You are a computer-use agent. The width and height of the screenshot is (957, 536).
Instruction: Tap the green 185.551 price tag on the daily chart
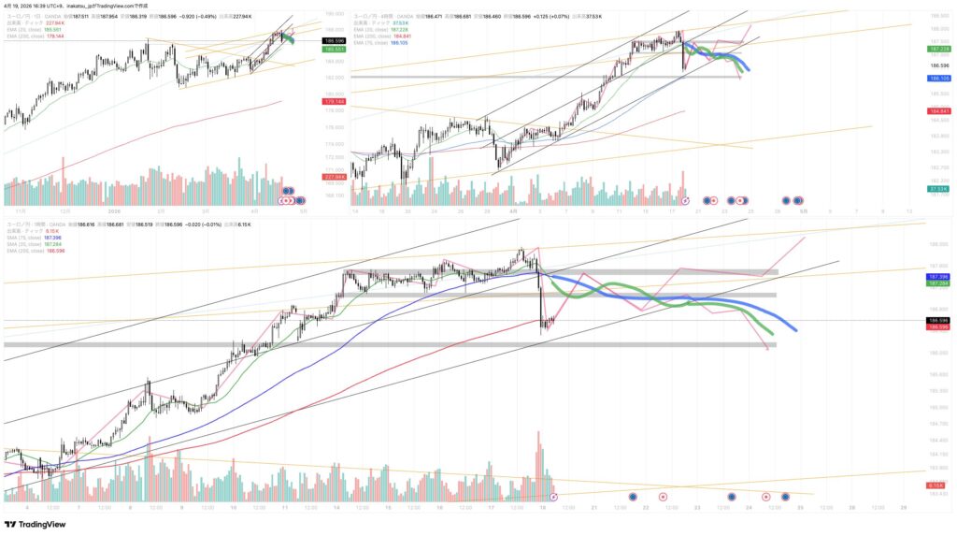(x=333, y=48)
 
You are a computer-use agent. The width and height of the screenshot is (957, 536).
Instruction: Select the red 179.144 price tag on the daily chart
(x=333, y=100)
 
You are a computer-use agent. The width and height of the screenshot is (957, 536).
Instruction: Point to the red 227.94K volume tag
(x=333, y=176)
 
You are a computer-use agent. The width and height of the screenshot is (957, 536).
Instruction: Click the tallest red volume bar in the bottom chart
(x=538, y=458)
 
